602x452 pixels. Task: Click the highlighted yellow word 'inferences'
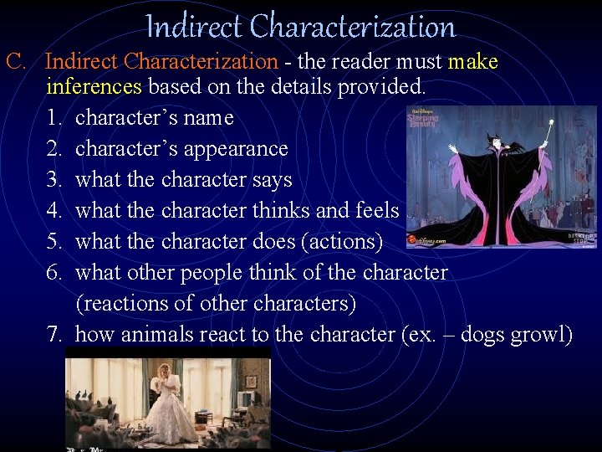tap(95, 85)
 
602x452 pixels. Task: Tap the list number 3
tap(55, 180)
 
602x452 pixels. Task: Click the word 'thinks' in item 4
tap(285, 210)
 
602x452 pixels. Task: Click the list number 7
tap(55, 334)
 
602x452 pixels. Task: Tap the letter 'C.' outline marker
tap(18, 61)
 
